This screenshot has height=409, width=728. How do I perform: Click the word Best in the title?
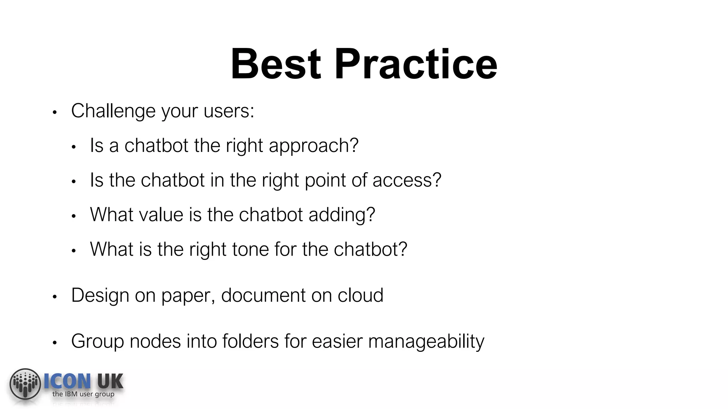(276, 64)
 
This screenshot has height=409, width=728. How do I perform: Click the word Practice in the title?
(416, 64)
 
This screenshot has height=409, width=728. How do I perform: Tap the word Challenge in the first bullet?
(113, 111)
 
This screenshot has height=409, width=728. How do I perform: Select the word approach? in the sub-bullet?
(314, 146)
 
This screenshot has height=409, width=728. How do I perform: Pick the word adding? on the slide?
(342, 215)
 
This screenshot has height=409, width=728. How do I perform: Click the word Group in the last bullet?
(97, 342)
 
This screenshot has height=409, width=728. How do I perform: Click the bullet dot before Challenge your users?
(55, 113)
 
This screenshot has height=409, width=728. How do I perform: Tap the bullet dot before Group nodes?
(55, 343)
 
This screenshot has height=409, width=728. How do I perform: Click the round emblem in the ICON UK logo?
(25, 384)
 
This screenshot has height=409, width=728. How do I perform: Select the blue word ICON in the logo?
(67, 382)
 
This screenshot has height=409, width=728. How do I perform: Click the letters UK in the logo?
(110, 382)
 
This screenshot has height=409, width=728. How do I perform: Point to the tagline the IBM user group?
(83, 394)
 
